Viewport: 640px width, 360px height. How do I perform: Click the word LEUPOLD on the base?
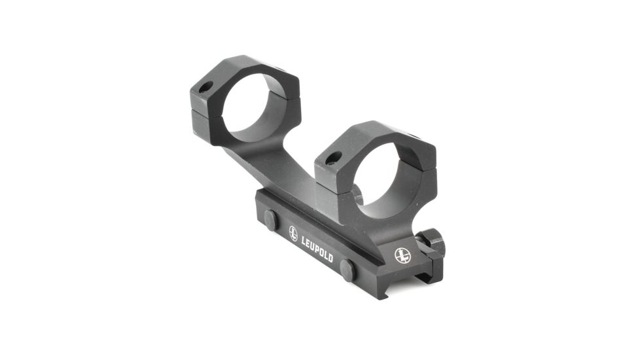click(317, 249)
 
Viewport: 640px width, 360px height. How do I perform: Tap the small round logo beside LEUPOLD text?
click(293, 234)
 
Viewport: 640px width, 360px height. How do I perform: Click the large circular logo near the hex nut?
click(402, 255)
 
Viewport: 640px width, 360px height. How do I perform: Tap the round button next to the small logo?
click(271, 220)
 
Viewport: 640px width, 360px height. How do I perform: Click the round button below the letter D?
click(347, 270)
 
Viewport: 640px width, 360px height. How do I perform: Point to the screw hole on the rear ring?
click(207, 87)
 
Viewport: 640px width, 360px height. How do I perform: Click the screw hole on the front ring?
click(334, 159)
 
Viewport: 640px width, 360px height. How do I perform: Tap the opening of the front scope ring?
click(376, 179)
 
